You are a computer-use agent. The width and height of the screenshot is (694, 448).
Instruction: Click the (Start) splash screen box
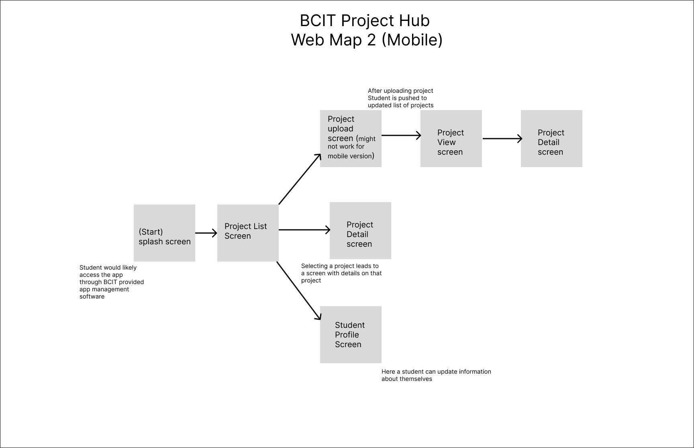click(x=164, y=233)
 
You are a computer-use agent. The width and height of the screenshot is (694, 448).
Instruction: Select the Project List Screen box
click(x=248, y=233)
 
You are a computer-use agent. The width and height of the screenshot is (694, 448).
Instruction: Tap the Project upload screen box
click(x=351, y=139)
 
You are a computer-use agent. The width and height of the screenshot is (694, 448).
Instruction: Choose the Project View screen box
click(x=451, y=139)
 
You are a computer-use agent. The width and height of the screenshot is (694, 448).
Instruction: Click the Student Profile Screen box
click(x=351, y=335)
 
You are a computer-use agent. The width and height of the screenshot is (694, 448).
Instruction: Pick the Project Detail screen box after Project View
click(x=551, y=139)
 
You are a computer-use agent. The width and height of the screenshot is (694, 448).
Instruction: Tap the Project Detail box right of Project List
click(x=360, y=231)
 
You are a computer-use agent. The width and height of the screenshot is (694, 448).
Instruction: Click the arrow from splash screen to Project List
click(x=206, y=233)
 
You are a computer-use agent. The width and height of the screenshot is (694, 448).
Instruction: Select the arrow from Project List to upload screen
click(x=300, y=179)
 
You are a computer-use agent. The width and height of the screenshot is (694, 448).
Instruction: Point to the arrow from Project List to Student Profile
click(x=299, y=290)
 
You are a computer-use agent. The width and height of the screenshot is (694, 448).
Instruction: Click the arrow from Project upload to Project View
click(x=401, y=135)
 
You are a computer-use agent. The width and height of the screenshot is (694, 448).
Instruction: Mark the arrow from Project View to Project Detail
click(x=502, y=139)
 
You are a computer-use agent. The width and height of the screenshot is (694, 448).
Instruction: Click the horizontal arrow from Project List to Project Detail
click(x=304, y=230)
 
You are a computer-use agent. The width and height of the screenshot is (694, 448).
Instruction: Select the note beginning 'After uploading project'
click(x=400, y=98)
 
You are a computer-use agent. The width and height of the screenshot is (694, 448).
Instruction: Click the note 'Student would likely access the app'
click(x=112, y=282)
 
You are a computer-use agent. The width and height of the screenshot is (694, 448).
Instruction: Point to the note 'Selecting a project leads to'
click(x=341, y=273)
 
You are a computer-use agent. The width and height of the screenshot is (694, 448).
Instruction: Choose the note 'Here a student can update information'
click(x=436, y=375)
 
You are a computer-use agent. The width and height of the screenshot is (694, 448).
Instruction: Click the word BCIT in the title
click(x=318, y=21)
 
